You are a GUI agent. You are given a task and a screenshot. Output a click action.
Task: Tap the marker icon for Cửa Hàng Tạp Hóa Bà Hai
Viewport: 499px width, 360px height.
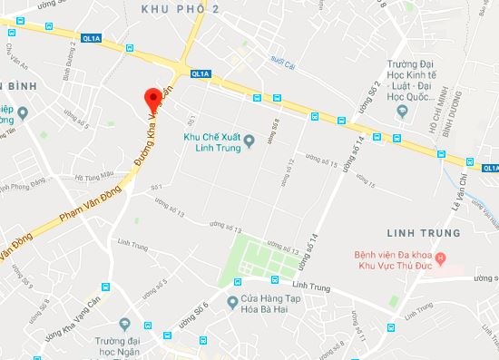234,299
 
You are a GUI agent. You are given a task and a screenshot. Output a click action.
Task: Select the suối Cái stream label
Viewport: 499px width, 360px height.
283,64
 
